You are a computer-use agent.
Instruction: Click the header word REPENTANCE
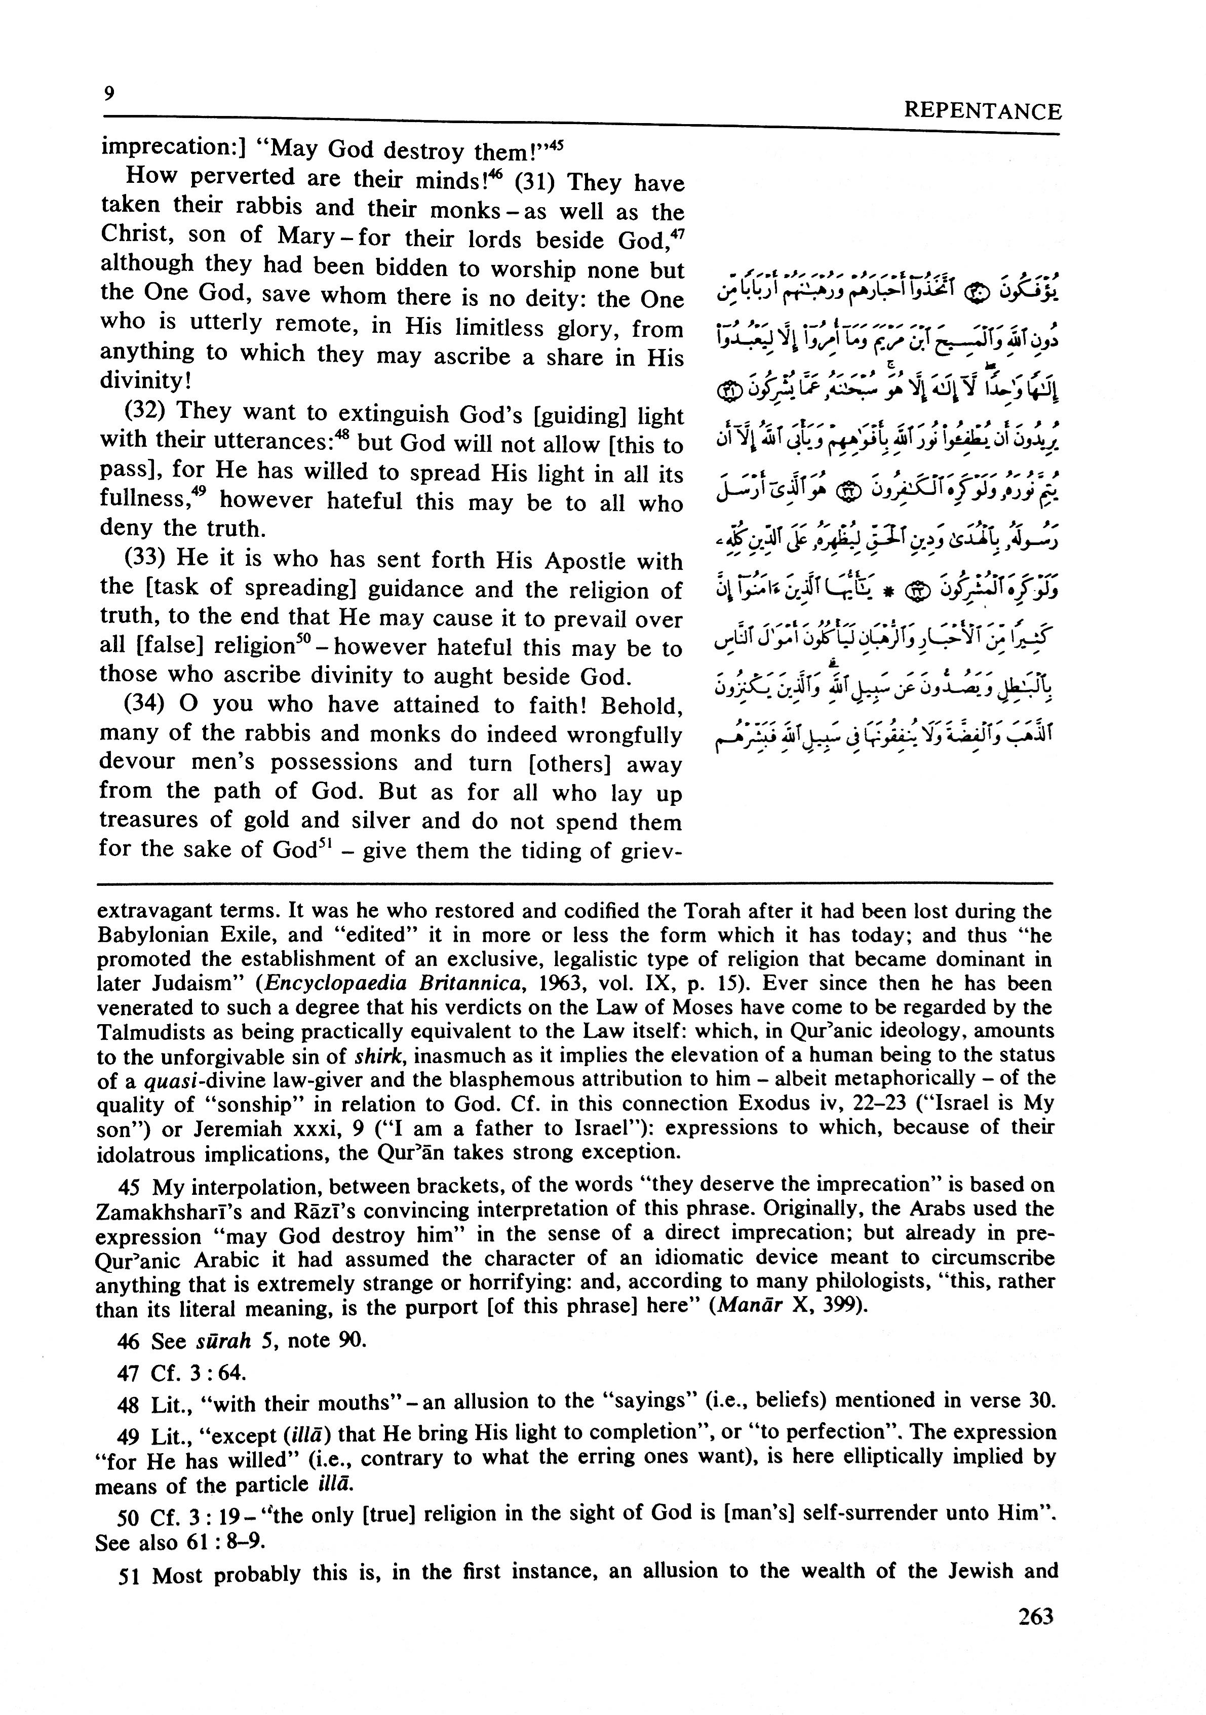[982, 111]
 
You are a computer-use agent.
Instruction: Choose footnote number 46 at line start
[129, 1341]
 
